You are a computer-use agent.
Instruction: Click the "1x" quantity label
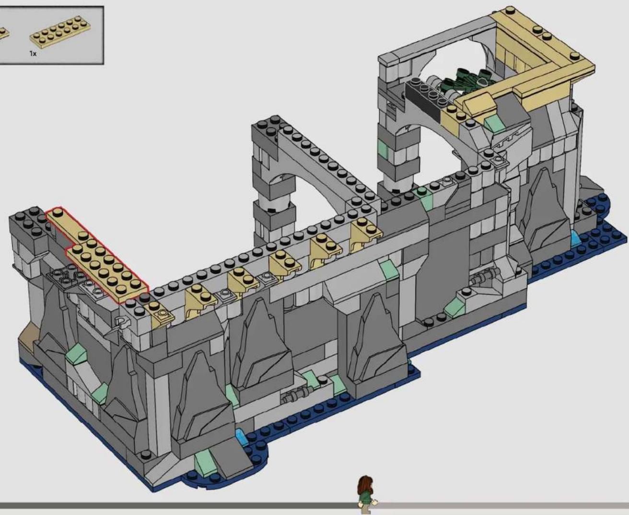(33, 54)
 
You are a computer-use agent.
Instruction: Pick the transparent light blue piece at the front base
(242, 437)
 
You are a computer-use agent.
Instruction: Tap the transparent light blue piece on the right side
(575, 238)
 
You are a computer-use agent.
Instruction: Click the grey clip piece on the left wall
(123, 323)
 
